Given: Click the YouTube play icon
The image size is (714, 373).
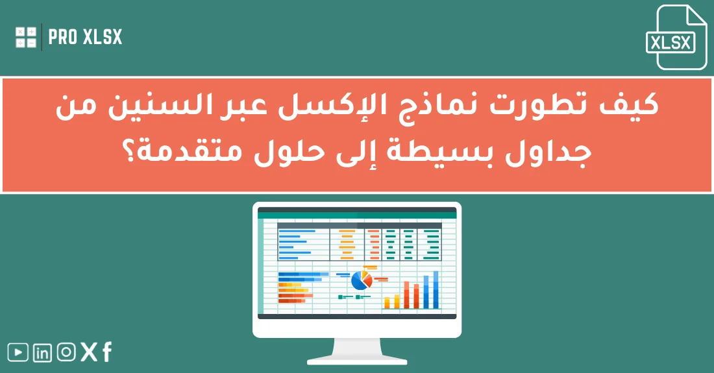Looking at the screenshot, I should click(18, 352).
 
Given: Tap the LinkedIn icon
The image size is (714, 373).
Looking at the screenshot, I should click(42, 352).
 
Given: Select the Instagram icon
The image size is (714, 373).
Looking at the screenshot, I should click(66, 352).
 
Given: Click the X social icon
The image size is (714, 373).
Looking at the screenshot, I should click(89, 352).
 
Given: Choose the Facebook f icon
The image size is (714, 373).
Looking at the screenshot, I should click(106, 352).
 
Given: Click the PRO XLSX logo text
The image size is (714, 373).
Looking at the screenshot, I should click(85, 38).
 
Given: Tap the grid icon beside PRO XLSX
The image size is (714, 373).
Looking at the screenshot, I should click(26, 37).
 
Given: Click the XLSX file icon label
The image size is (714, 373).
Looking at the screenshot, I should click(671, 43).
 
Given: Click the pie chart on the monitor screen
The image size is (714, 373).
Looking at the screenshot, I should click(360, 280).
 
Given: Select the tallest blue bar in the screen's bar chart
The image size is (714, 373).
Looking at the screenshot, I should click(436, 289).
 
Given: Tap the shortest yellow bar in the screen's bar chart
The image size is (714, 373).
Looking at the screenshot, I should click(387, 302).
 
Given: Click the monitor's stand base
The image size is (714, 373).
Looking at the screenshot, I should click(357, 360).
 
